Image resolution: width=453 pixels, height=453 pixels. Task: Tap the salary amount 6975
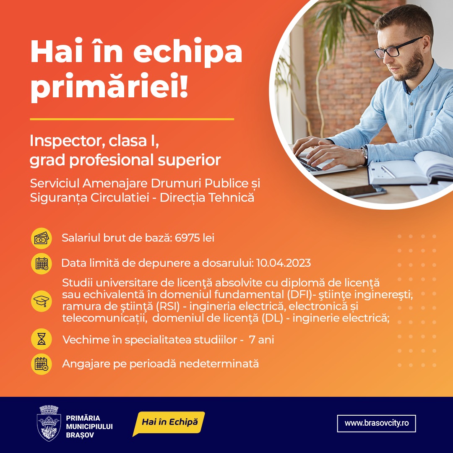click(x=187, y=238)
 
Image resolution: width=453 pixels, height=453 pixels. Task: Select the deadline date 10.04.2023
click(x=284, y=263)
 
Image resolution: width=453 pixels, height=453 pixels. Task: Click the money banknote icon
click(x=41, y=239)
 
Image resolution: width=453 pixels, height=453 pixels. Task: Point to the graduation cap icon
click(x=41, y=301)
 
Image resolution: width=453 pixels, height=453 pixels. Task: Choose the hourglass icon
click(x=41, y=339)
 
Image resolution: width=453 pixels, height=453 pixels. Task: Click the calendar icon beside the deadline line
click(x=41, y=264)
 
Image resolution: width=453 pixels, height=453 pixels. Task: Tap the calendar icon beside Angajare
click(x=41, y=364)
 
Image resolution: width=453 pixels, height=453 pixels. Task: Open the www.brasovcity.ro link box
click(x=376, y=423)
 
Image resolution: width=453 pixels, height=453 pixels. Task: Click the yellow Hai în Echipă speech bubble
click(x=169, y=423)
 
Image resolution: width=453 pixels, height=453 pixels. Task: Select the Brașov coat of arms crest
click(x=49, y=423)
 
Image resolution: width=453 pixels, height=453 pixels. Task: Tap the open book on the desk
click(x=410, y=169)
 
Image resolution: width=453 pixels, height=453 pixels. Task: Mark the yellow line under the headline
click(x=132, y=119)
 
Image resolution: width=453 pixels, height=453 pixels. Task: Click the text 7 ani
click(x=261, y=340)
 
